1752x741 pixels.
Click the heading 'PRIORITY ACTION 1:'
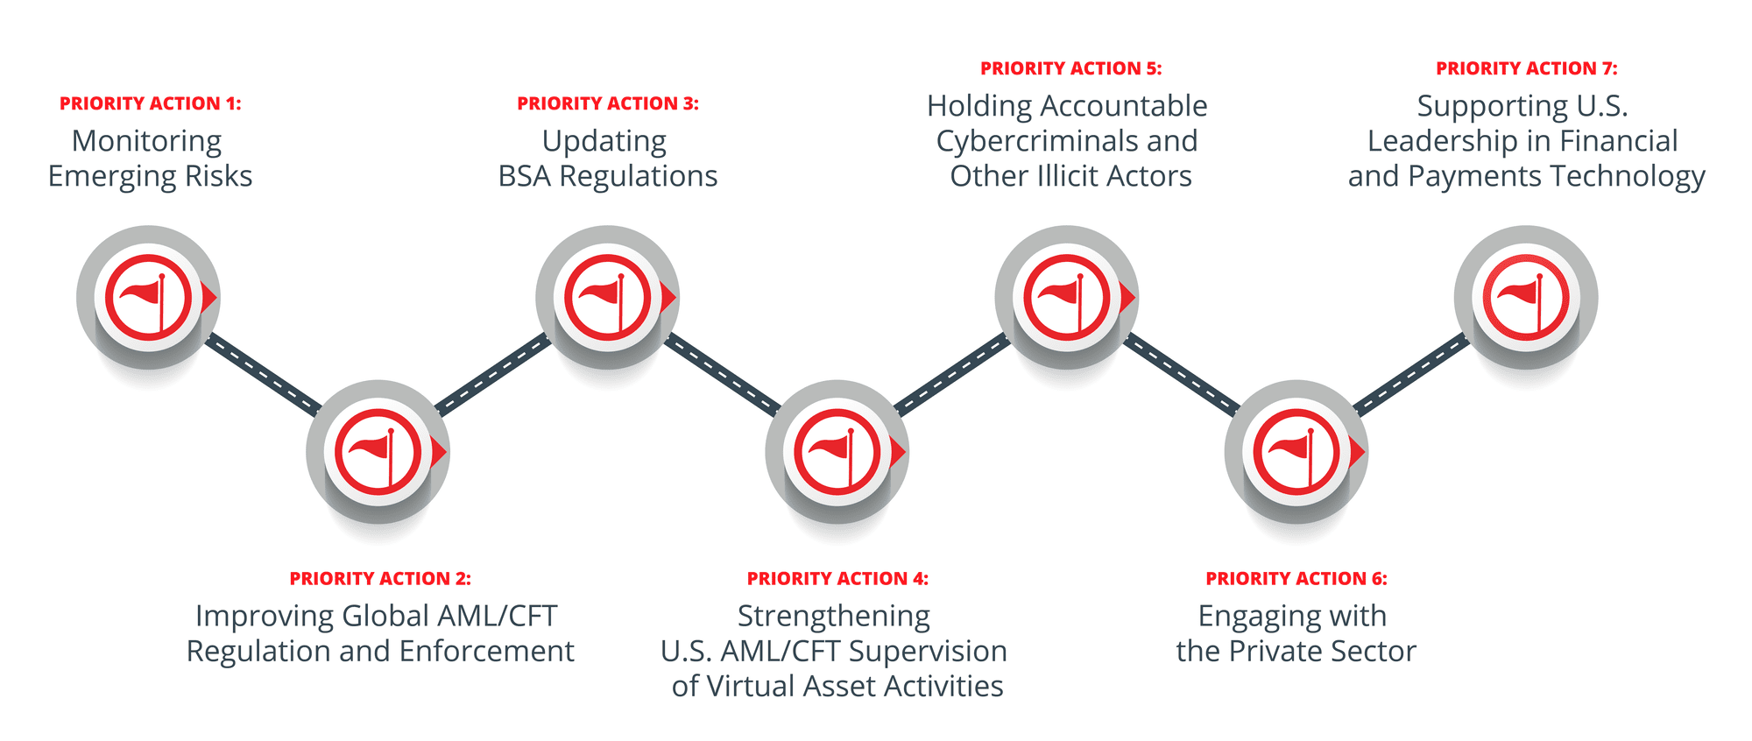point(151,103)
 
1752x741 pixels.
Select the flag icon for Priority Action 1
point(148,298)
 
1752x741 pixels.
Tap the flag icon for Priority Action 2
point(378,452)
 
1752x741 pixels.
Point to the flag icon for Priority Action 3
point(607,298)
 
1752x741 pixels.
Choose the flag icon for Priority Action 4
point(837,452)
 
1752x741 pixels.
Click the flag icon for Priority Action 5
point(1066,298)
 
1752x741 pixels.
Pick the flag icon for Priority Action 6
point(1296,452)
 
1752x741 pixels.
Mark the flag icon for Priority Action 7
point(1525,298)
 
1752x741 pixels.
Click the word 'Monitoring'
point(147,142)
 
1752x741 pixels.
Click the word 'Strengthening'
point(834,617)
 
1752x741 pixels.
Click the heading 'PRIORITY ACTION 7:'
point(1527,68)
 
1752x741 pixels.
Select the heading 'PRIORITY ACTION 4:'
point(837,578)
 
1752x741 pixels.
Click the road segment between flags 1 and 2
point(263,375)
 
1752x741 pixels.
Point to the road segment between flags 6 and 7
point(1411,375)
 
